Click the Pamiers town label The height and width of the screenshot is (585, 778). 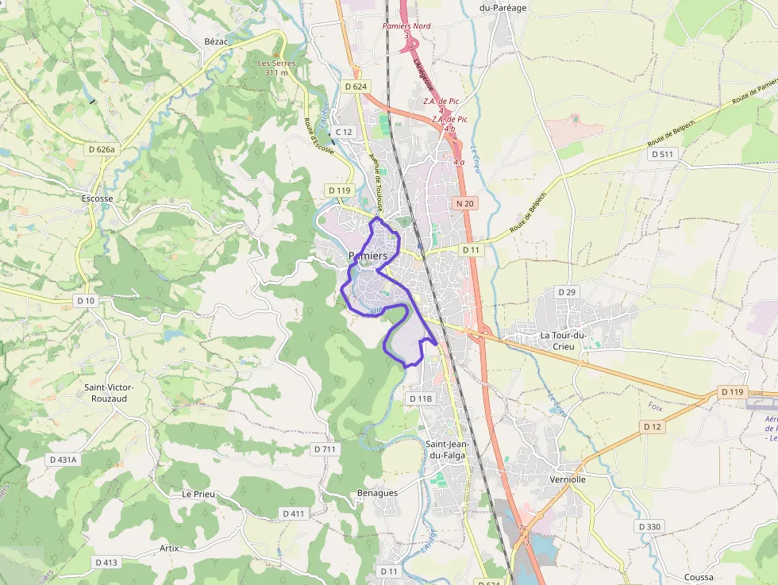click(x=368, y=256)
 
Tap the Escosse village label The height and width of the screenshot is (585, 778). click(x=98, y=198)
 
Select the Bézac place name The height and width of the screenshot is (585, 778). click(x=216, y=41)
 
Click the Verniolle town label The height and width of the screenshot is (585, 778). click(x=568, y=479)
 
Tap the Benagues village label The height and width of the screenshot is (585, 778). click(x=378, y=493)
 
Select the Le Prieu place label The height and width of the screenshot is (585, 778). click(x=198, y=494)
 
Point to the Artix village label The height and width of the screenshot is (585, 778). click(x=169, y=548)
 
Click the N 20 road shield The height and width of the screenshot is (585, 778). click(x=465, y=204)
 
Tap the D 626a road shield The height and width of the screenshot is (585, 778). click(x=102, y=149)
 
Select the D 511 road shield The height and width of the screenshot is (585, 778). click(x=662, y=154)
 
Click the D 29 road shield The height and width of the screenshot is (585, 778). click(x=567, y=292)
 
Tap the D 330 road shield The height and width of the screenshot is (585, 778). click(x=649, y=527)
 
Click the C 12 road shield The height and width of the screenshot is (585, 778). click(x=344, y=132)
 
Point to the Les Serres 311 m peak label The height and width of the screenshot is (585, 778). click(x=276, y=67)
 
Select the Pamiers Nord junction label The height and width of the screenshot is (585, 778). click(x=406, y=26)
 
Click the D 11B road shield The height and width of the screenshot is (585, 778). click(x=421, y=398)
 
